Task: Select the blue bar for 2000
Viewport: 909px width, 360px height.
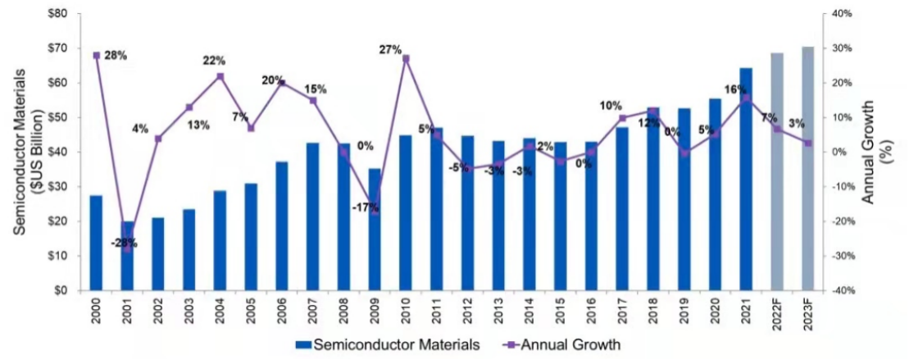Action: [x=96, y=243]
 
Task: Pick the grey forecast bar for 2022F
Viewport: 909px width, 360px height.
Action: [x=777, y=171]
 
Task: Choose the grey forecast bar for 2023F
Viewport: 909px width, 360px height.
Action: [x=808, y=168]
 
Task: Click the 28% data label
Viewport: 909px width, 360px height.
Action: [x=116, y=56]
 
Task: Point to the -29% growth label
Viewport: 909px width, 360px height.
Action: [x=125, y=243]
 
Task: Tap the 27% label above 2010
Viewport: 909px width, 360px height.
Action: [x=390, y=50]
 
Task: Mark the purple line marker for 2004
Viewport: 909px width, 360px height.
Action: [x=220, y=76]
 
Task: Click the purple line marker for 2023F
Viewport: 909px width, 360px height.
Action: [x=808, y=143]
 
